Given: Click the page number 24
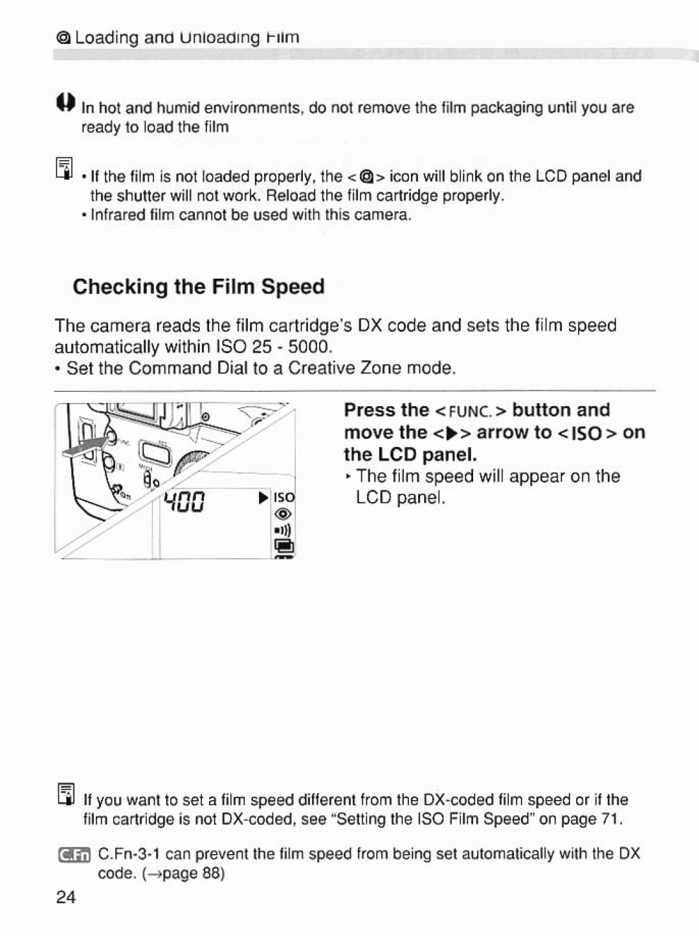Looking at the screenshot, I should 65,897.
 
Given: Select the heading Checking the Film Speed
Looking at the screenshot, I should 199,286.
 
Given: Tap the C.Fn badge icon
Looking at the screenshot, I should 74,855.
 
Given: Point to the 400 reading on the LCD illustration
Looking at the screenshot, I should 184,500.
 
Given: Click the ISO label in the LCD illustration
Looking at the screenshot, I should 284,498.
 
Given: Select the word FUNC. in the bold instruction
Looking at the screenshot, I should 471,411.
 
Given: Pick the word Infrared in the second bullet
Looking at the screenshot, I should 116,215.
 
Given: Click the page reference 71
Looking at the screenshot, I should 610,820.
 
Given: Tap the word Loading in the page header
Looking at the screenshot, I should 107,37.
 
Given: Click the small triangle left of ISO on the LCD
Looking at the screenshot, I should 263,498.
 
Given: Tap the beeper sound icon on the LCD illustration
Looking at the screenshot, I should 285,531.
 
